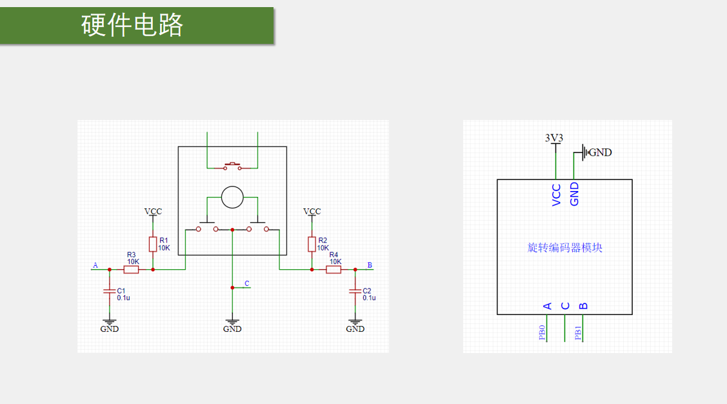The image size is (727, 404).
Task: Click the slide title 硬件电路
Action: click(132, 25)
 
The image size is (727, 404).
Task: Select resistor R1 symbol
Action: click(153, 244)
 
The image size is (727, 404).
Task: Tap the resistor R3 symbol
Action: click(131, 269)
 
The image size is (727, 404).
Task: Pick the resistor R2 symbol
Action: click(312, 244)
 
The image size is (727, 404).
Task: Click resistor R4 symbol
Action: click(334, 269)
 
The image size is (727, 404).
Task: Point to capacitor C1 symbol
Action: click(109, 292)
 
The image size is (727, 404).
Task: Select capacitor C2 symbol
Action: click(355, 292)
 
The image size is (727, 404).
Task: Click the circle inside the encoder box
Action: click(232, 197)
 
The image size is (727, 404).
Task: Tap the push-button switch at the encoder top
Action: click(232, 167)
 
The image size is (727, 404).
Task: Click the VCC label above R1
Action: click(153, 212)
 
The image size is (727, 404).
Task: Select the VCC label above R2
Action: click(312, 212)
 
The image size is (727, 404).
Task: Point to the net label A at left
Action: click(95, 265)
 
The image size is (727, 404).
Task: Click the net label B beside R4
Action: click(370, 265)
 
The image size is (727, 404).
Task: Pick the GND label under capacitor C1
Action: click(109, 328)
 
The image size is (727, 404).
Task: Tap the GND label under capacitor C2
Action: click(355, 328)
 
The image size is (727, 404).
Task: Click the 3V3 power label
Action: click(554, 137)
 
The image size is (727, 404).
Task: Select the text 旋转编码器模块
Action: click(565, 248)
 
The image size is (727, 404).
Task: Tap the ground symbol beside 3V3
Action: click(584, 152)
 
